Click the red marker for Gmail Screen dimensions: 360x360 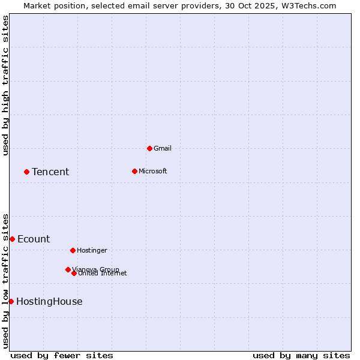(x=149, y=148)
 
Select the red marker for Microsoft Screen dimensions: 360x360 (x=134, y=171)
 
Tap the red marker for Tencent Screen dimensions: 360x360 (x=26, y=172)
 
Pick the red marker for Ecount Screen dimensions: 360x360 (x=12, y=239)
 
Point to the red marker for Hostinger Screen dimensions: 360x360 (x=73, y=250)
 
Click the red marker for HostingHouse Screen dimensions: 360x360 (x=11, y=301)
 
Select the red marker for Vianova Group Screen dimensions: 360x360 (x=68, y=269)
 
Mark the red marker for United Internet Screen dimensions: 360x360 (x=74, y=273)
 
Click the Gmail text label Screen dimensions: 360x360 (x=162, y=148)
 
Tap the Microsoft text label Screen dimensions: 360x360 (x=152, y=171)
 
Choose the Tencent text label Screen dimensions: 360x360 (x=50, y=172)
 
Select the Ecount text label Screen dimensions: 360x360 (x=34, y=239)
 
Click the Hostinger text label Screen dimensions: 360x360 (x=92, y=250)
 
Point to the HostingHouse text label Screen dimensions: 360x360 (x=49, y=302)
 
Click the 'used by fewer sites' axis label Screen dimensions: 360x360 (x=62, y=355)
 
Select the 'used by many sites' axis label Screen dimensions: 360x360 (x=301, y=355)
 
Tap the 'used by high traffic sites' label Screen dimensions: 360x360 (x=5, y=85)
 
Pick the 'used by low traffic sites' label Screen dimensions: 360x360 (x=5, y=281)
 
